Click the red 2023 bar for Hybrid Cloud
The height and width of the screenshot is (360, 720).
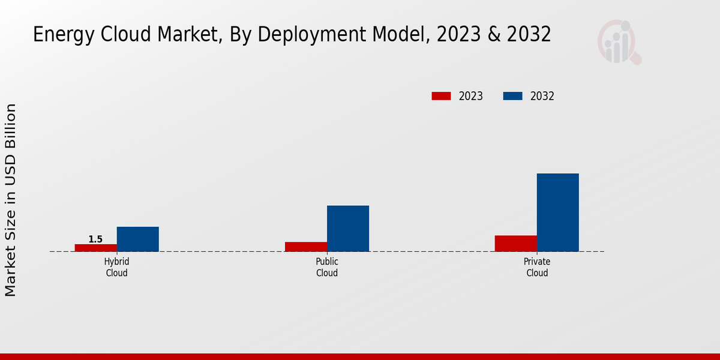96,248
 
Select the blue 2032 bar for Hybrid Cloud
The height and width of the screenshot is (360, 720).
138,239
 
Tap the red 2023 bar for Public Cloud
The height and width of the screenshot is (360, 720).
306,247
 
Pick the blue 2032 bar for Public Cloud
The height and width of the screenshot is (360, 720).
348,229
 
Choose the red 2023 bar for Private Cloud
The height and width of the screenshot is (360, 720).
516,243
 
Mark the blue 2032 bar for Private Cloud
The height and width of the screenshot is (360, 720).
558,212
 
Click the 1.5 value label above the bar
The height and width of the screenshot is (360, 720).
95,239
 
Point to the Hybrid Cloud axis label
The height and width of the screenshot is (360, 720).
117,268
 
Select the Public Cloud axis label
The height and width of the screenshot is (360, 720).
327,268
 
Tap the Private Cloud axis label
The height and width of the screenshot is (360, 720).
537,268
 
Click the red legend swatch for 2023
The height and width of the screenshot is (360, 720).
441,96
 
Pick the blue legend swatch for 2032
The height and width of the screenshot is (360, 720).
512,96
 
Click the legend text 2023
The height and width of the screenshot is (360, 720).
471,96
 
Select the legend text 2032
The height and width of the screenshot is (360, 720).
542,96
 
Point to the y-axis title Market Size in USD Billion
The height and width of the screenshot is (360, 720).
11,200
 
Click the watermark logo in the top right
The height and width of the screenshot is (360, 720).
619,42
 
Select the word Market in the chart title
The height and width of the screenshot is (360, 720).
184,35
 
